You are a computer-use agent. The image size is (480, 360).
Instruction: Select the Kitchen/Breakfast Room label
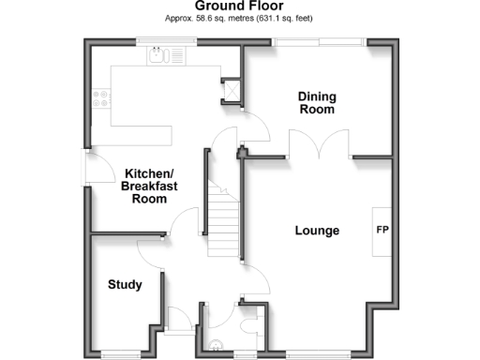[x=149, y=187]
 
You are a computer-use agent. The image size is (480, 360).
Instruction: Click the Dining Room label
[x=317, y=102]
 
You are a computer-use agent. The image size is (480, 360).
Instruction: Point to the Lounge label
[x=317, y=231]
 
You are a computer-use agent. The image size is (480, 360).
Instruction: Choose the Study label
[x=125, y=284]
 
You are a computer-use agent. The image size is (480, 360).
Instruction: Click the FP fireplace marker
[x=382, y=230]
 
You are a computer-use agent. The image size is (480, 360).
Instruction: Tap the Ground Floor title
[x=239, y=6]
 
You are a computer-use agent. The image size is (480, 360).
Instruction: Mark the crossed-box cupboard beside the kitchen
[x=232, y=89]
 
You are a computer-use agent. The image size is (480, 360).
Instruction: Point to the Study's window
[x=127, y=352]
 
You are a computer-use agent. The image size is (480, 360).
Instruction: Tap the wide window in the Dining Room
[x=319, y=40]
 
